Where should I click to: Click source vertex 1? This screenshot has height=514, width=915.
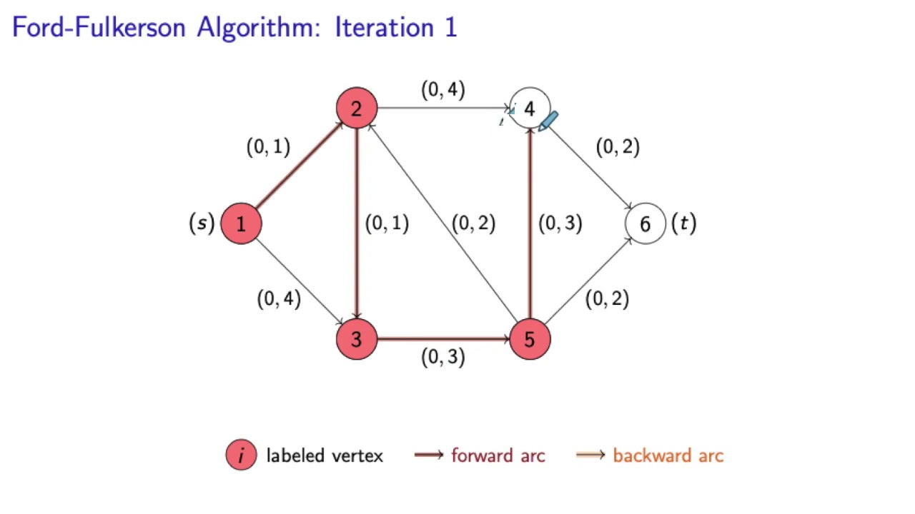click(x=241, y=223)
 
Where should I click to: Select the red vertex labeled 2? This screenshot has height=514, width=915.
click(x=356, y=109)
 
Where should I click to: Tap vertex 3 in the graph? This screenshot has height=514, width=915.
click(x=356, y=339)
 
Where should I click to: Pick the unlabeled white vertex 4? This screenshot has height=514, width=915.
click(x=529, y=109)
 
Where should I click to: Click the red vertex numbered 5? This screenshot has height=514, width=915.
click(x=529, y=339)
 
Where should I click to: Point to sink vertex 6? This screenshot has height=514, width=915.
click(x=645, y=223)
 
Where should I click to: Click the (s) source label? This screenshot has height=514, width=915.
click(x=202, y=223)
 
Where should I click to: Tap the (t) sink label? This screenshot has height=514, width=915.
click(x=683, y=223)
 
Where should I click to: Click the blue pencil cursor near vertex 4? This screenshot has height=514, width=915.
click(x=548, y=121)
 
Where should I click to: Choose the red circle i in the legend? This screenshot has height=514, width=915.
click(x=241, y=455)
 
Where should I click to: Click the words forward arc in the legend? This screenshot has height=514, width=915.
click(x=498, y=455)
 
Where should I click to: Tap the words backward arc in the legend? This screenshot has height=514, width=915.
click(x=668, y=455)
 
